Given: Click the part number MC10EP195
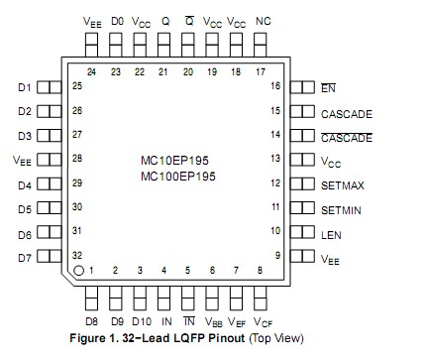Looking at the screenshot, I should tap(178, 159).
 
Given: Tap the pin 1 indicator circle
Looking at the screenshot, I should tap(78, 269).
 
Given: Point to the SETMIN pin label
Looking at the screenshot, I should tap(344, 208).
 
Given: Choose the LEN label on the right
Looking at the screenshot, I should tap(331, 233).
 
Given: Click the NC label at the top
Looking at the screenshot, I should tap(263, 21).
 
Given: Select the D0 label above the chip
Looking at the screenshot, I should tap(117, 21).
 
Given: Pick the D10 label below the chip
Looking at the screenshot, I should tap(142, 321).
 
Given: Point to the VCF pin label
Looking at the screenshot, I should tap(263, 322).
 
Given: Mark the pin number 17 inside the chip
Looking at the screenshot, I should tap(261, 71).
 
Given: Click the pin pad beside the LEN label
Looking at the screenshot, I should tap(302, 233).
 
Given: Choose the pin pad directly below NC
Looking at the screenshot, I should tap(263, 43).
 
